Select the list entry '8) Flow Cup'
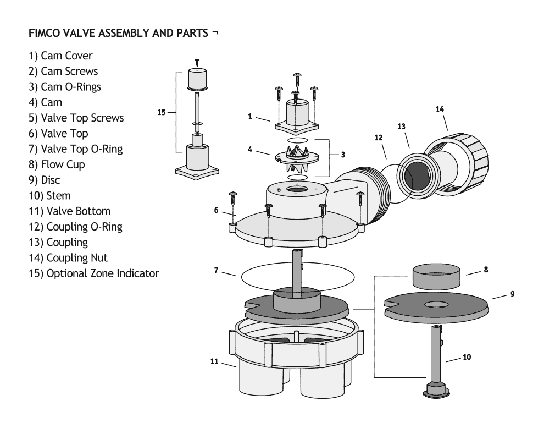coord(58,164)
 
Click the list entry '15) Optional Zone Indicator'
coord(94,273)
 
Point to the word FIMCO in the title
coord(46,33)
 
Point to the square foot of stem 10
coord(435,390)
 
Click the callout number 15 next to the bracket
coord(161,112)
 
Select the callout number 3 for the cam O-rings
coord(343,155)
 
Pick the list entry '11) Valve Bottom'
coord(70,211)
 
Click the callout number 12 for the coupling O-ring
coord(378,138)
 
